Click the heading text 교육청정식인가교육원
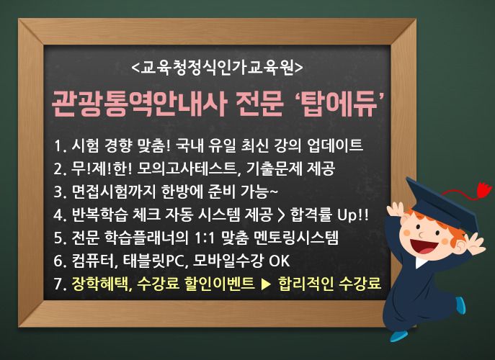click(x=217, y=67)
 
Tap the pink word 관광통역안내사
click(x=139, y=104)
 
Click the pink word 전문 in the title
click(x=259, y=104)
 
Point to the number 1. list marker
click(x=60, y=145)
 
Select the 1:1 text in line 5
click(x=207, y=238)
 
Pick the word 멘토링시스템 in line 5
click(x=296, y=238)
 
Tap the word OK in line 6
click(x=279, y=261)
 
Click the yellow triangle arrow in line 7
click(x=266, y=284)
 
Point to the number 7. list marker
click(x=60, y=284)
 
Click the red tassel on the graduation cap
click(x=483, y=190)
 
